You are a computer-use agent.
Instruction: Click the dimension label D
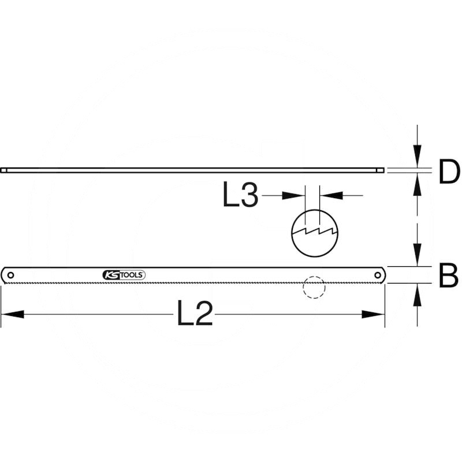(x=449, y=172)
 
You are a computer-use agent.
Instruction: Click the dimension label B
(x=449, y=275)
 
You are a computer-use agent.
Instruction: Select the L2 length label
(x=195, y=312)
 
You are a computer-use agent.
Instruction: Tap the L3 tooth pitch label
(x=240, y=194)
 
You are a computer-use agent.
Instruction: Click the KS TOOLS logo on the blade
(x=124, y=275)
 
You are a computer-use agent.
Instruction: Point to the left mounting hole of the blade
(x=10, y=275)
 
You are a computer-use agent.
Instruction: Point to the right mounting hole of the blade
(x=378, y=275)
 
